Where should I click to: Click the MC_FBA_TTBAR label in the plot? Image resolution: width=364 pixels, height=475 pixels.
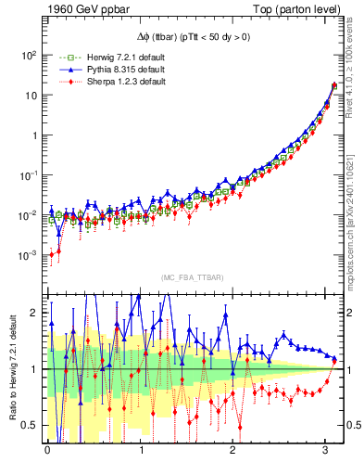(x=191, y=278)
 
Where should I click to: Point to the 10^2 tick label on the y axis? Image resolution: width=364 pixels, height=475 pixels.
(x=29, y=55)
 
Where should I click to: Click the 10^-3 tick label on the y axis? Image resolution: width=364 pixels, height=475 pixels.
(x=29, y=254)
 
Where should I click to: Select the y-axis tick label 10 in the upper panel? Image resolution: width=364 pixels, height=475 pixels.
(x=31, y=95)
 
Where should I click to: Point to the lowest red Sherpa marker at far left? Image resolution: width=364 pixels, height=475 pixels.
(x=52, y=254)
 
